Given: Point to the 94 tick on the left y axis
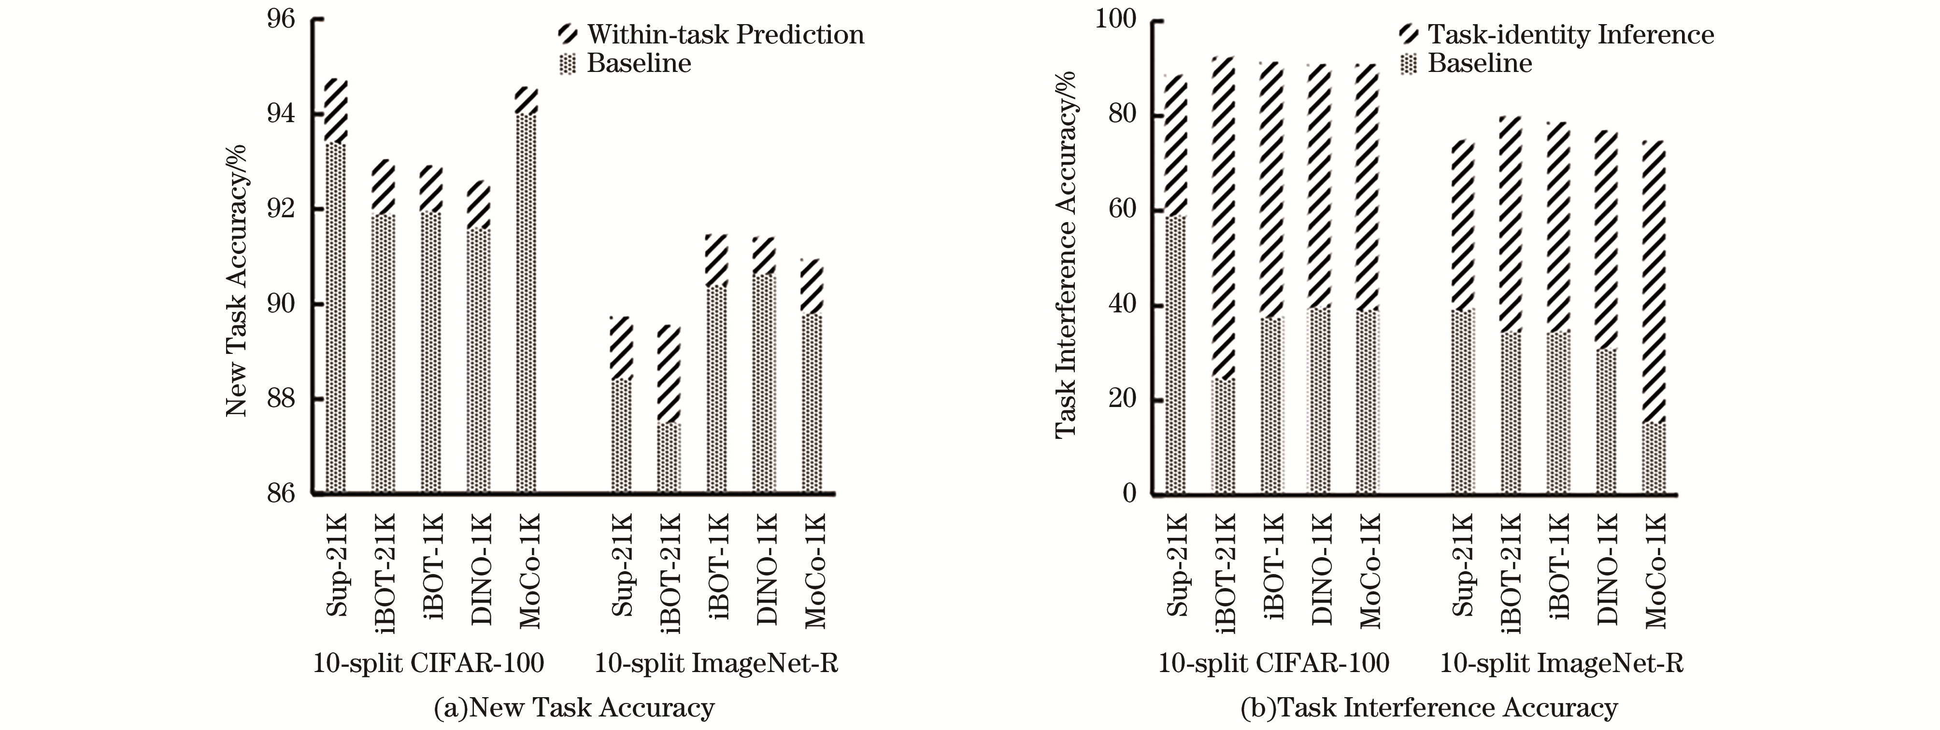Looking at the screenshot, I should tap(281, 114).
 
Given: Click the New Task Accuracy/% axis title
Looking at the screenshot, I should tap(237, 279).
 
